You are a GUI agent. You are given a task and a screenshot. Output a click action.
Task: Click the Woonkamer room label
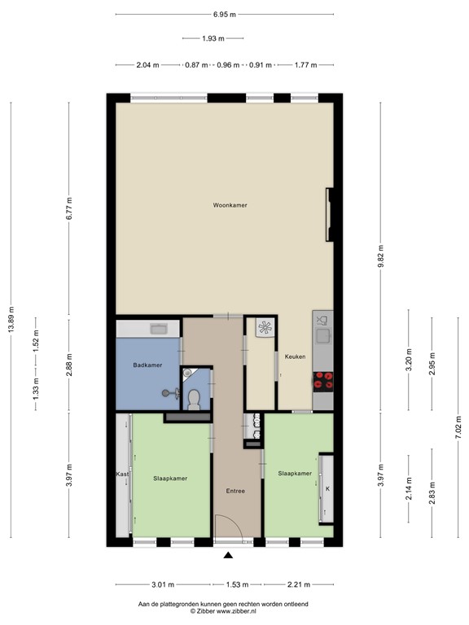[229, 205]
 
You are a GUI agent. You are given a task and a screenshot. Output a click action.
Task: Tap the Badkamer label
[147, 365]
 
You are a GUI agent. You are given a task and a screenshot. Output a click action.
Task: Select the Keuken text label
[295, 356]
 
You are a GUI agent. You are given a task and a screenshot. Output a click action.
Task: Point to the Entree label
[235, 491]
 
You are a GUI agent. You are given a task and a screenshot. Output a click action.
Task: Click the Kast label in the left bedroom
[122, 473]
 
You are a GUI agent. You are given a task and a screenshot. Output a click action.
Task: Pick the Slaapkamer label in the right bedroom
[295, 473]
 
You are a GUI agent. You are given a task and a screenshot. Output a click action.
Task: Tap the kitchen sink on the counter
[322, 333]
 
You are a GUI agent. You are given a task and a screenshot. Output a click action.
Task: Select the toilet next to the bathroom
[195, 398]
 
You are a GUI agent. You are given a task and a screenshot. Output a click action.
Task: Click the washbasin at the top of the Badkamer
[159, 329]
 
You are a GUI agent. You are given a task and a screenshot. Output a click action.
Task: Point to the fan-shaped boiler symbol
[265, 328]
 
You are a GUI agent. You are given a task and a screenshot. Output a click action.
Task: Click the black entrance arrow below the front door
[228, 556]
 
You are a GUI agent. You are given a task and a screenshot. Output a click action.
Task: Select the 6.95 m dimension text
[225, 15]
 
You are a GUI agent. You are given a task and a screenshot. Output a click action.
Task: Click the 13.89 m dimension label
[11, 320]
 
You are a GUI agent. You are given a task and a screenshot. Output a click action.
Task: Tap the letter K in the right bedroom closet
[327, 489]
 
